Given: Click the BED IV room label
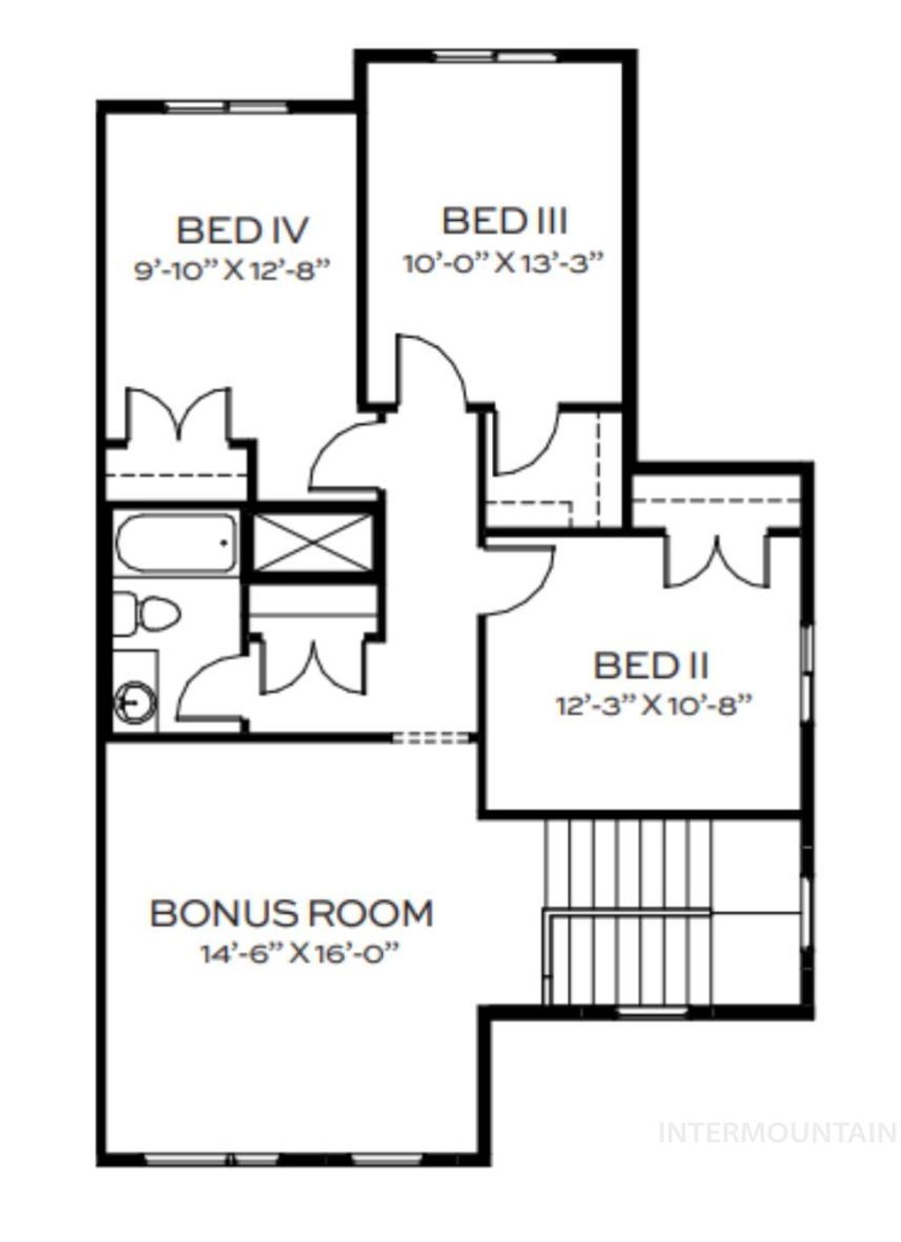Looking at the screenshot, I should point(242,231).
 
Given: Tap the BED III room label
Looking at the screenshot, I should point(505,220).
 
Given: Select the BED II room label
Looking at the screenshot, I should point(650,665).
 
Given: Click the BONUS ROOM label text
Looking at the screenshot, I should point(291,913).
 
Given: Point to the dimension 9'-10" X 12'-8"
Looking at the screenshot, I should point(231,269).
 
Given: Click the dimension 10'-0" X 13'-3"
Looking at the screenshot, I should point(505,262).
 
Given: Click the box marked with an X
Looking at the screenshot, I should point(312,539).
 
